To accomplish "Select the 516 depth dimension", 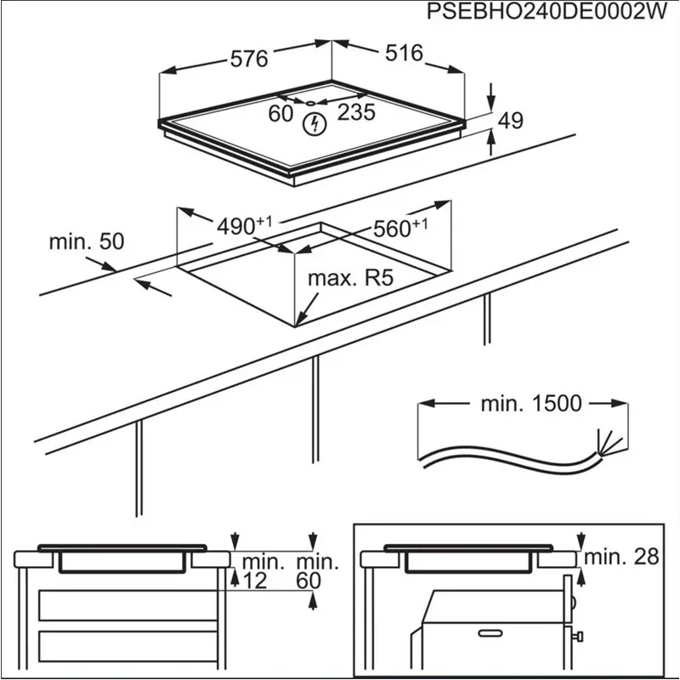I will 404,54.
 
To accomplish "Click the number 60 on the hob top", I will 280,113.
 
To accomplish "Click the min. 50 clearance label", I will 86,241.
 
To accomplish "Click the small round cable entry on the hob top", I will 313,104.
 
